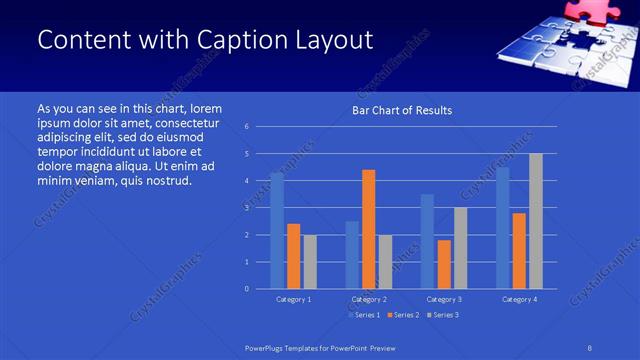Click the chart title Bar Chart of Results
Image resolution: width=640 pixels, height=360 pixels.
pyautogui.click(x=402, y=110)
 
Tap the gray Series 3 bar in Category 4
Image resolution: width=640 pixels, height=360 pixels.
pyautogui.click(x=536, y=221)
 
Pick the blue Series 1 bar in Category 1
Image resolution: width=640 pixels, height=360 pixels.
pyautogui.click(x=277, y=230)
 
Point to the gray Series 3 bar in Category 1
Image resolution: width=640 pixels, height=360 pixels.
pyautogui.click(x=310, y=261)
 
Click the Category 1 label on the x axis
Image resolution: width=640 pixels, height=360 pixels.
pyautogui.click(x=293, y=299)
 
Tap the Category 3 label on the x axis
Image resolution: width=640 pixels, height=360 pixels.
pyautogui.click(x=443, y=299)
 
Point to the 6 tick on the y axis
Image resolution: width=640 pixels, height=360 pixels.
pyautogui.click(x=246, y=127)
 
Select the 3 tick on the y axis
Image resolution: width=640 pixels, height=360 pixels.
pyautogui.click(x=246, y=208)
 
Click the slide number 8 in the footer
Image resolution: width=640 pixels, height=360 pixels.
pyautogui.click(x=590, y=347)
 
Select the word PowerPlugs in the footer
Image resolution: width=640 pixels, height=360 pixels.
pyautogui.click(x=266, y=347)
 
